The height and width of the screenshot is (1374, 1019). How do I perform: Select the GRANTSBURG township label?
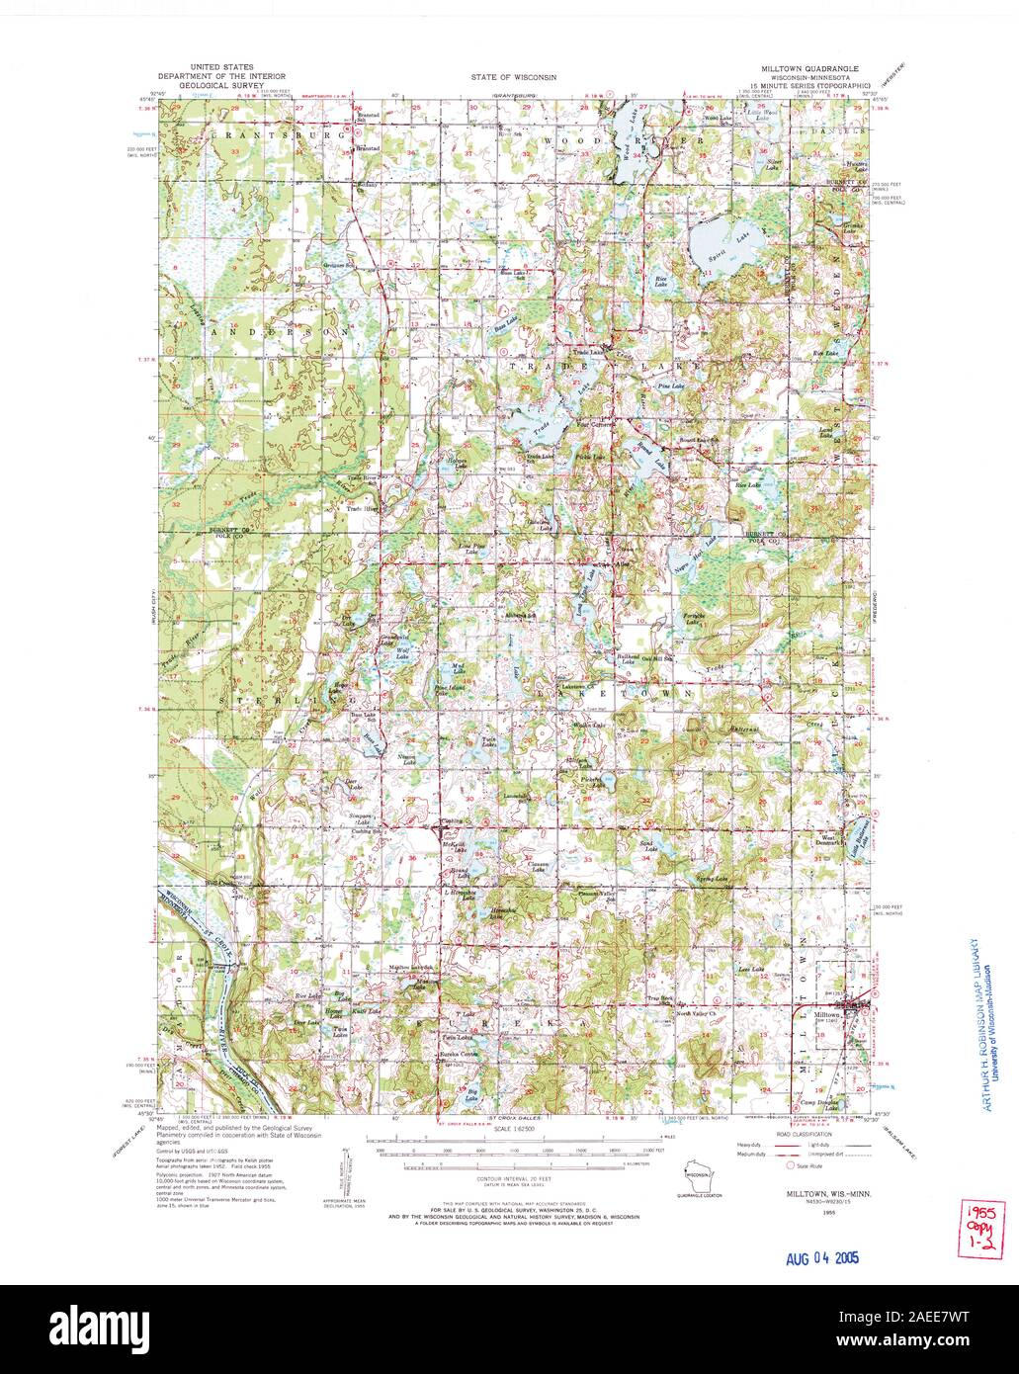tap(262, 132)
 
